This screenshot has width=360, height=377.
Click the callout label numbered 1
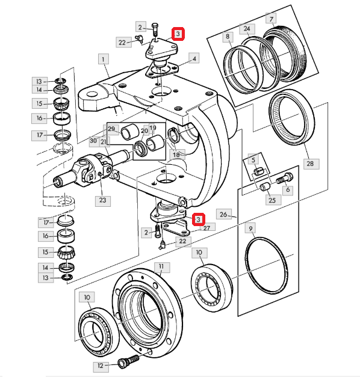tap(104, 59)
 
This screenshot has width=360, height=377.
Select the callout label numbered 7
tap(271, 18)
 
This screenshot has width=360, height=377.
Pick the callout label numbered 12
tap(100, 366)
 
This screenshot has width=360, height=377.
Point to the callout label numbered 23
tap(103, 200)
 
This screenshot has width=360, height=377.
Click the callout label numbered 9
tap(250, 228)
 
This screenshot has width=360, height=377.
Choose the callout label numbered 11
tap(162, 267)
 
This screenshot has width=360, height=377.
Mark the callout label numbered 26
tap(224, 214)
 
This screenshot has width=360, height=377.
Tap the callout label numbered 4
tap(194, 58)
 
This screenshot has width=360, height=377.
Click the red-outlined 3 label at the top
tap(178, 34)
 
